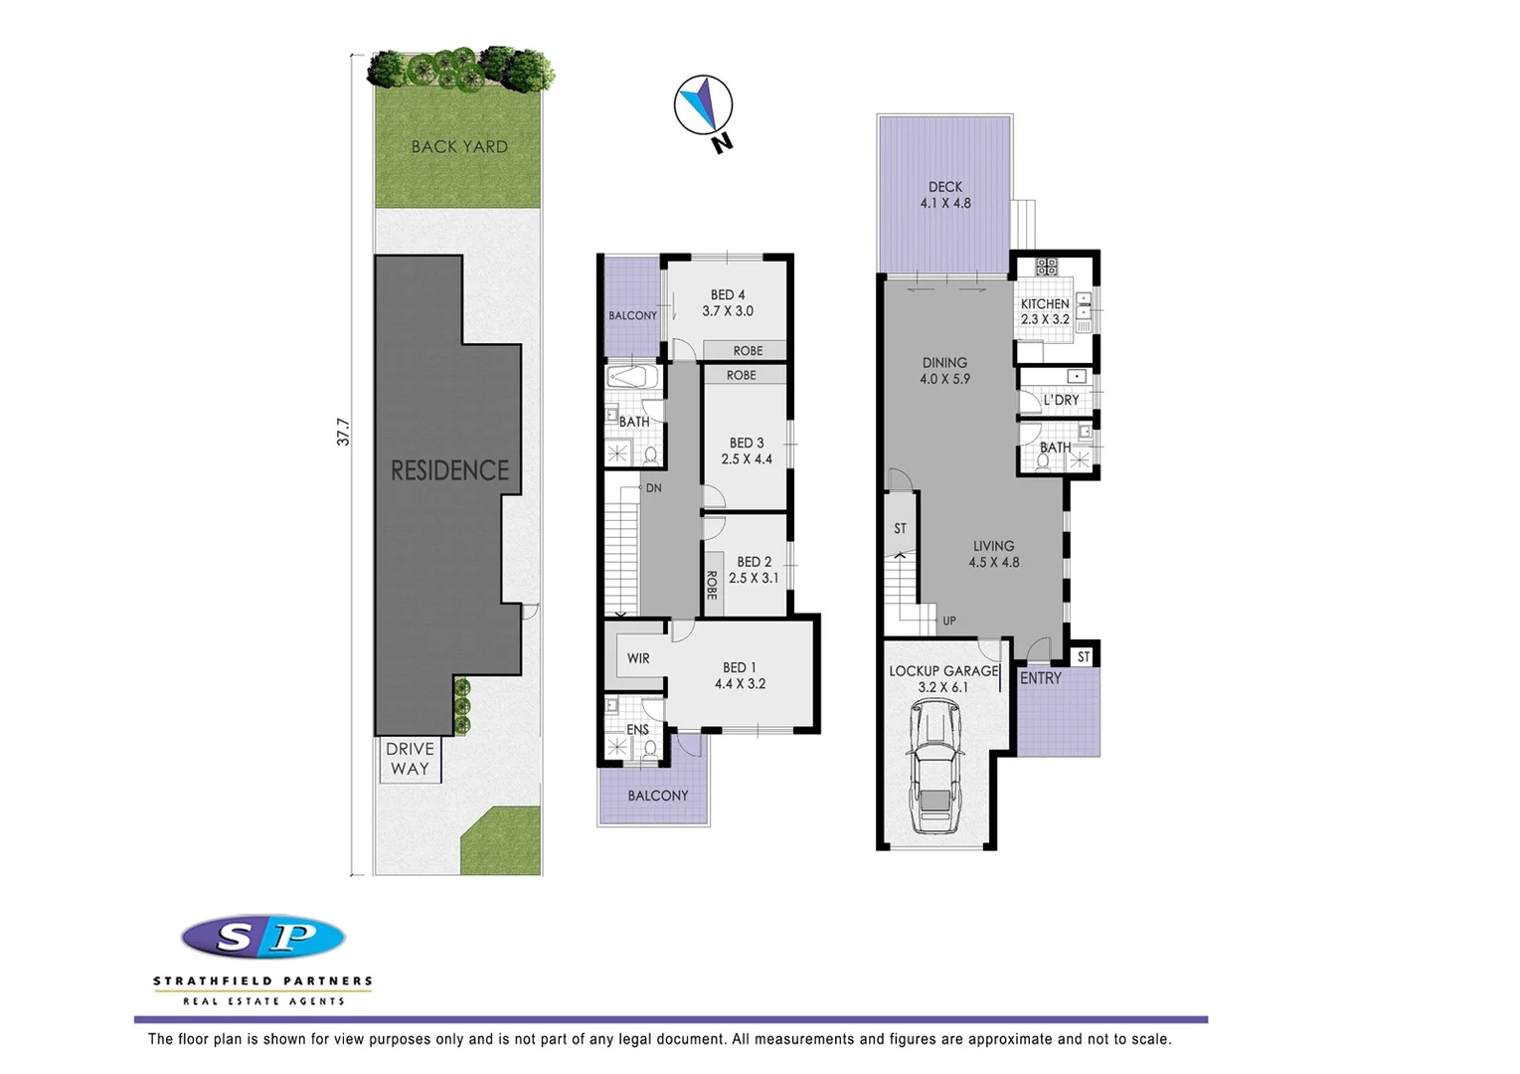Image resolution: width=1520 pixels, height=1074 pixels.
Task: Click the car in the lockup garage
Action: point(935,768)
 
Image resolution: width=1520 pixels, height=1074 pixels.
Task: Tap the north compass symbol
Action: point(704,105)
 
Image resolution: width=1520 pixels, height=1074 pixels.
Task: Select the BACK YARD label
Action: point(459,147)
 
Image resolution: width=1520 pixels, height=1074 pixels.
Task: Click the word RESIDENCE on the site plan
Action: point(449,470)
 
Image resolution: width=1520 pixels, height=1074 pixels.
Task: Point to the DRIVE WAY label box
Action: point(410,759)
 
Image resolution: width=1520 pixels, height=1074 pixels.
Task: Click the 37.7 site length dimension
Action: point(344,432)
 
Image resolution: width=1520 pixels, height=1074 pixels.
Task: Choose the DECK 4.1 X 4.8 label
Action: point(945,195)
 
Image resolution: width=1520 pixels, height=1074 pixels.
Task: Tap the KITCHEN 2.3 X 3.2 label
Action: point(1045,311)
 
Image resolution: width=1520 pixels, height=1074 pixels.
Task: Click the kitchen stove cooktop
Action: point(1046,266)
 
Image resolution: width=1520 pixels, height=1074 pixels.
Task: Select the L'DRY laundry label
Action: point(1061,400)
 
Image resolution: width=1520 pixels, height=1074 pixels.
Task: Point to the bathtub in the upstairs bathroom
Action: point(631,378)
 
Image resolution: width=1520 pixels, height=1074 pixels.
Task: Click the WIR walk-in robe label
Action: point(638,658)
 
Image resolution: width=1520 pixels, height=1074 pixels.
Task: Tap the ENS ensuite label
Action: point(637,729)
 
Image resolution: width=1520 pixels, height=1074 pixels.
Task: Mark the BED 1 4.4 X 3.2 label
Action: point(740,675)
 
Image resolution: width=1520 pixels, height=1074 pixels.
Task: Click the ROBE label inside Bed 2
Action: point(712,585)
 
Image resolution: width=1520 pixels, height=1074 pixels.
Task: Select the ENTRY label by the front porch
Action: point(1041,678)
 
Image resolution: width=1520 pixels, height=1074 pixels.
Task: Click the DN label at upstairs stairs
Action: point(653,488)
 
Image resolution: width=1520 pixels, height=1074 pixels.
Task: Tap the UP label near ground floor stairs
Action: point(949,621)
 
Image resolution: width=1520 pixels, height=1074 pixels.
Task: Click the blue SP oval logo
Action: point(263,937)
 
